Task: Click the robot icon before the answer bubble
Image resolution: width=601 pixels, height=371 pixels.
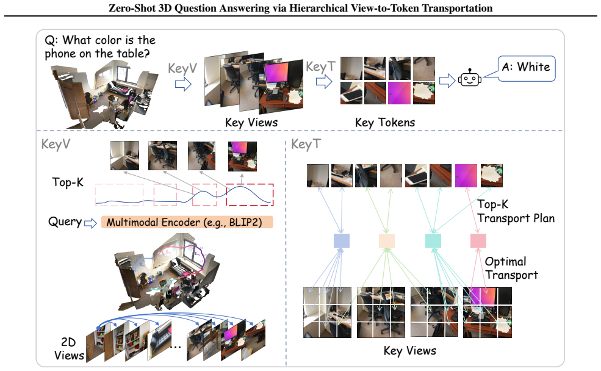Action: point(470,78)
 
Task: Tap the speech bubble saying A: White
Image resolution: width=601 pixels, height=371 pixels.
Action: point(526,68)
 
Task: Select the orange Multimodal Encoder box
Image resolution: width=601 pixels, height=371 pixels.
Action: point(187,222)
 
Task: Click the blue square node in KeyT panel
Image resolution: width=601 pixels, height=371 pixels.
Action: point(341,240)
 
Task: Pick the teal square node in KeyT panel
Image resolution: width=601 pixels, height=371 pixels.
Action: point(433,240)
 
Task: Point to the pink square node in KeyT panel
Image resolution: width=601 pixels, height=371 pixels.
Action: point(478,240)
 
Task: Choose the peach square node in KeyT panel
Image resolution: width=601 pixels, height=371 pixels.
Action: point(386,240)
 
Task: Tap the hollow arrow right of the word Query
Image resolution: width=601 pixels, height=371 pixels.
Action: point(90,223)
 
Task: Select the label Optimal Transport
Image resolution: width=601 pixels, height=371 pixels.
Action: point(511,268)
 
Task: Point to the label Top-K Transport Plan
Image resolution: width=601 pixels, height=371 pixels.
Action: point(516,211)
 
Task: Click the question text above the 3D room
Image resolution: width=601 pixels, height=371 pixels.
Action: point(100,46)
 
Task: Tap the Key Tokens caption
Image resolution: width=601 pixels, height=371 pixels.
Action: point(385,123)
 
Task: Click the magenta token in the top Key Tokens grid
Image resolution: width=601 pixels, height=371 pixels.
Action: point(399,93)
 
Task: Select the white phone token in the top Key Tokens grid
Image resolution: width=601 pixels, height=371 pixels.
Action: point(351,93)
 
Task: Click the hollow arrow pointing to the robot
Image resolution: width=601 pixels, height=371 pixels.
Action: point(447,81)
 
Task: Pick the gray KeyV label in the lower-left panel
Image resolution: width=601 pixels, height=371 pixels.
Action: point(56,145)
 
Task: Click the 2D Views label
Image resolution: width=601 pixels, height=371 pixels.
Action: point(69,348)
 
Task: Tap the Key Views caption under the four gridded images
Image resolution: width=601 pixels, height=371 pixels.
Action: point(410,351)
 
